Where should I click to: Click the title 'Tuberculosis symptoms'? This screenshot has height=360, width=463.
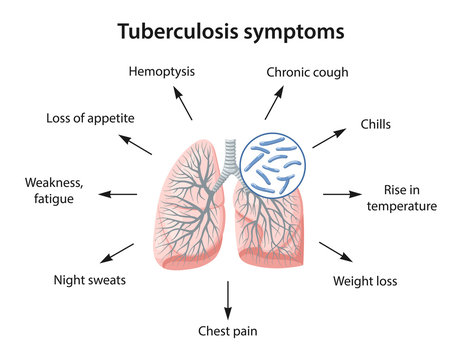point(231,31)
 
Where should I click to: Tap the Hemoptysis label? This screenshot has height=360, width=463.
point(162,71)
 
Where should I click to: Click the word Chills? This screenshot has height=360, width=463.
point(375,125)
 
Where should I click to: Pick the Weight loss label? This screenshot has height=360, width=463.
point(365,281)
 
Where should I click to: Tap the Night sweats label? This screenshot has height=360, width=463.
point(90,280)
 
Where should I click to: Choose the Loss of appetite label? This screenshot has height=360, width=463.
point(90,118)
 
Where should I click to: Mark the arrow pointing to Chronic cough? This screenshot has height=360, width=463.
point(274,102)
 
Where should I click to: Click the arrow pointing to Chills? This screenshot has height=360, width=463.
point(329,137)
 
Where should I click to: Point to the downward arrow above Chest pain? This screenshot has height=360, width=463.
point(228,297)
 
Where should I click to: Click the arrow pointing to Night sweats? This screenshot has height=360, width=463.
point(118,252)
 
